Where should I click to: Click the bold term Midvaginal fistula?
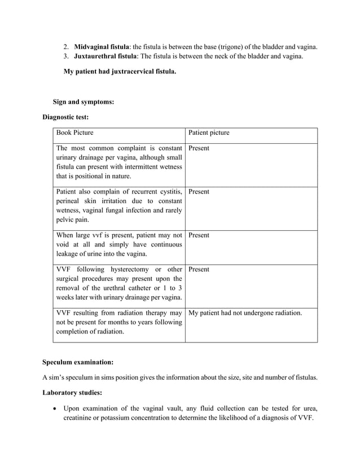pos(102,46)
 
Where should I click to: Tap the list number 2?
pos(65,46)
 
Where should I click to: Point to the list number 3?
pos(65,56)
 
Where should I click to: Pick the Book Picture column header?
pos(75,133)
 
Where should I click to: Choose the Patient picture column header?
pos(209,133)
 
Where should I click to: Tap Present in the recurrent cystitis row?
pos(199,192)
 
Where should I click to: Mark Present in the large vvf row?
pos(199,235)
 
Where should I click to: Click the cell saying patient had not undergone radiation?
pos(245,313)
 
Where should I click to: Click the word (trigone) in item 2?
pos(217,46)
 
